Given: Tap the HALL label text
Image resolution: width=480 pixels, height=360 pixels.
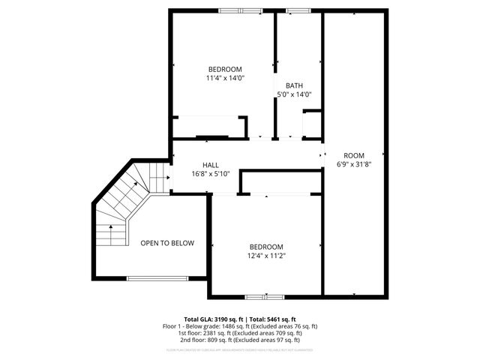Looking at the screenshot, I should pyautogui.click(x=210, y=165).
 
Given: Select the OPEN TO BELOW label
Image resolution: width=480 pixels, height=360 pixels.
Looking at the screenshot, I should pyautogui.click(x=167, y=243).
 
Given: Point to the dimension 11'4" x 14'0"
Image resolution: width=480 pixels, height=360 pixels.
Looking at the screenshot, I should pyautogui.click(x=225, y=78).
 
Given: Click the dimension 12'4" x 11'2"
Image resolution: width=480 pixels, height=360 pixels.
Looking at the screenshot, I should pyautogui.click(x=266, y=256).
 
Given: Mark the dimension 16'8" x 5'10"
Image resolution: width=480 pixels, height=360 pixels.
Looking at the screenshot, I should pyautogui.click(x=210, y=174).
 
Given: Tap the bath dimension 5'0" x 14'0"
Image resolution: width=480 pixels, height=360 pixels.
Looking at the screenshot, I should pyautogui.click(x=294, y=94).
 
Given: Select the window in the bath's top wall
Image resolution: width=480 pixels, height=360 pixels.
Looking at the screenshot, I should pyautogui.click(x=298, y=10).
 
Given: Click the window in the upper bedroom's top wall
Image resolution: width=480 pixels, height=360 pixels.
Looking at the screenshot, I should pyautogui.click(x=240, y=10).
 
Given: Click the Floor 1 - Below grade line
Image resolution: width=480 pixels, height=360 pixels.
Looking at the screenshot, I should pyautogui.click(x=240, y=325).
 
